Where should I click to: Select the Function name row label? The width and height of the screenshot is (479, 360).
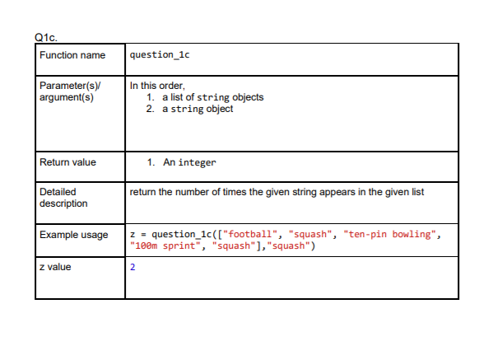[72, 55]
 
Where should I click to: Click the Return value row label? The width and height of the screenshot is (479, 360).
[67, 162]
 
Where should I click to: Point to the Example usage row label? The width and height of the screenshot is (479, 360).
[73, 235]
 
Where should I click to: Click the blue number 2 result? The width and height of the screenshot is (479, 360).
[133, 268]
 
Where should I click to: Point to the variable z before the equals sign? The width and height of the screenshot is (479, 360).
[133, 234]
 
